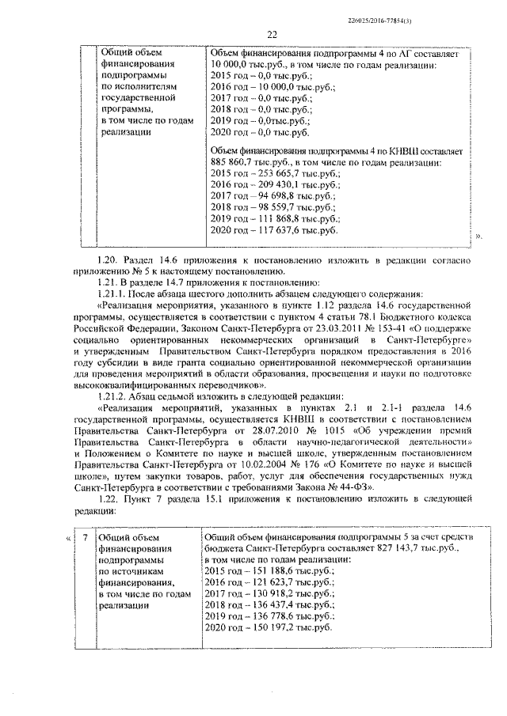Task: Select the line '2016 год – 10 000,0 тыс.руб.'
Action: [265, 87]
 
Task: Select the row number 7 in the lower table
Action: [83, 539]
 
